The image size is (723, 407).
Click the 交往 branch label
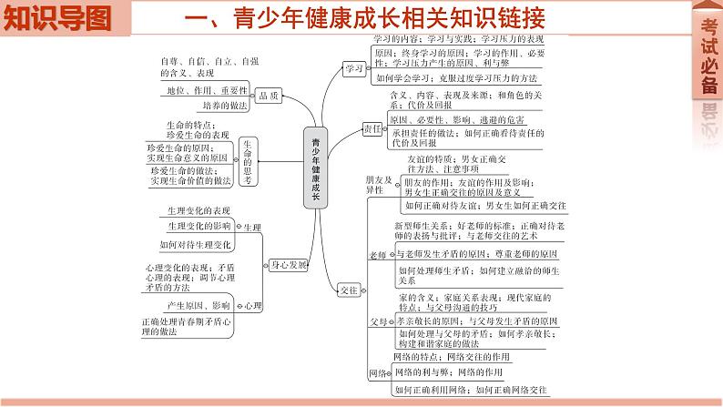(x=348, y=290)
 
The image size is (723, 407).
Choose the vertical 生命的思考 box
(x=249, y=162)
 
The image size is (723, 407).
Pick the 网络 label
(x=379, y=374)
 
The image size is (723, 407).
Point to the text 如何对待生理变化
(x=195, y=245)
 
